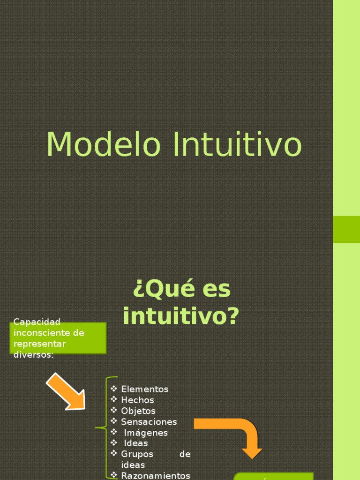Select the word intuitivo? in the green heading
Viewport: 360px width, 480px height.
(x=181, y=316)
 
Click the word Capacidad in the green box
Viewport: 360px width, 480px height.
(x=37, y=322)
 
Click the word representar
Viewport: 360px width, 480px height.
(x=40, y=344)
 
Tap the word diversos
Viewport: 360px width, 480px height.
(x=33, y=355)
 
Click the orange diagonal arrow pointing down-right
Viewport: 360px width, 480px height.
(x=66, y=391)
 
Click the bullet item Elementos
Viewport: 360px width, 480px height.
(x=144, y=389)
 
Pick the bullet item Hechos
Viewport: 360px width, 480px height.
(x=137, y=400)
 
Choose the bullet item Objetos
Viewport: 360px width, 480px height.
(x=138, y=411)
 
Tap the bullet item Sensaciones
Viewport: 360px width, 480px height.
(x=149, y=421)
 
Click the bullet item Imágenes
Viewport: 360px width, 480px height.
(x=146, y=432)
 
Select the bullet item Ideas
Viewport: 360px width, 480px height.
(x=136, y=443)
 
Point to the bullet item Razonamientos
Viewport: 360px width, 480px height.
(x=156, y=475)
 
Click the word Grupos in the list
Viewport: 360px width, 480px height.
(x=137, y=454)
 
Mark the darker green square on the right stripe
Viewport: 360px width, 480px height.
(x=346, y=229)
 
